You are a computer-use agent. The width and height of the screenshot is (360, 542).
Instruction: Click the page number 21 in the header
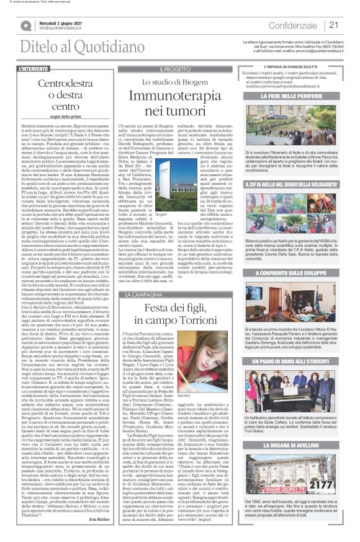pos(333,25)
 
